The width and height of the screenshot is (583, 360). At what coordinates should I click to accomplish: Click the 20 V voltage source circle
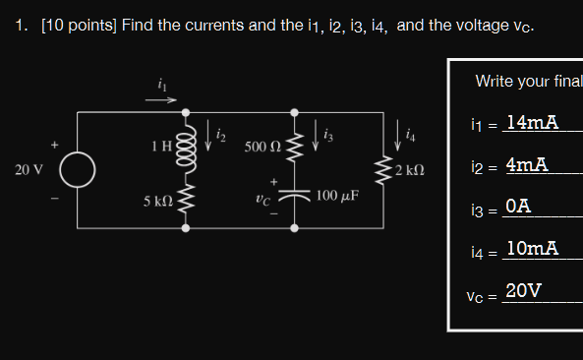coord(78,169)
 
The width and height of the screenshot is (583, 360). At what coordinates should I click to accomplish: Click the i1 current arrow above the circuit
coord(162,98)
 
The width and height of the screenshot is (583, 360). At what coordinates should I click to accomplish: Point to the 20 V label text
coord(29,170)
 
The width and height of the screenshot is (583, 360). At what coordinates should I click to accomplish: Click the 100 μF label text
coord(337,196)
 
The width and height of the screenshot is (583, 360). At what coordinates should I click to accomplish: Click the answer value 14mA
coord(531,122)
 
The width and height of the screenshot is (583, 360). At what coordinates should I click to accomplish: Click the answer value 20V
coord(522,290)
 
